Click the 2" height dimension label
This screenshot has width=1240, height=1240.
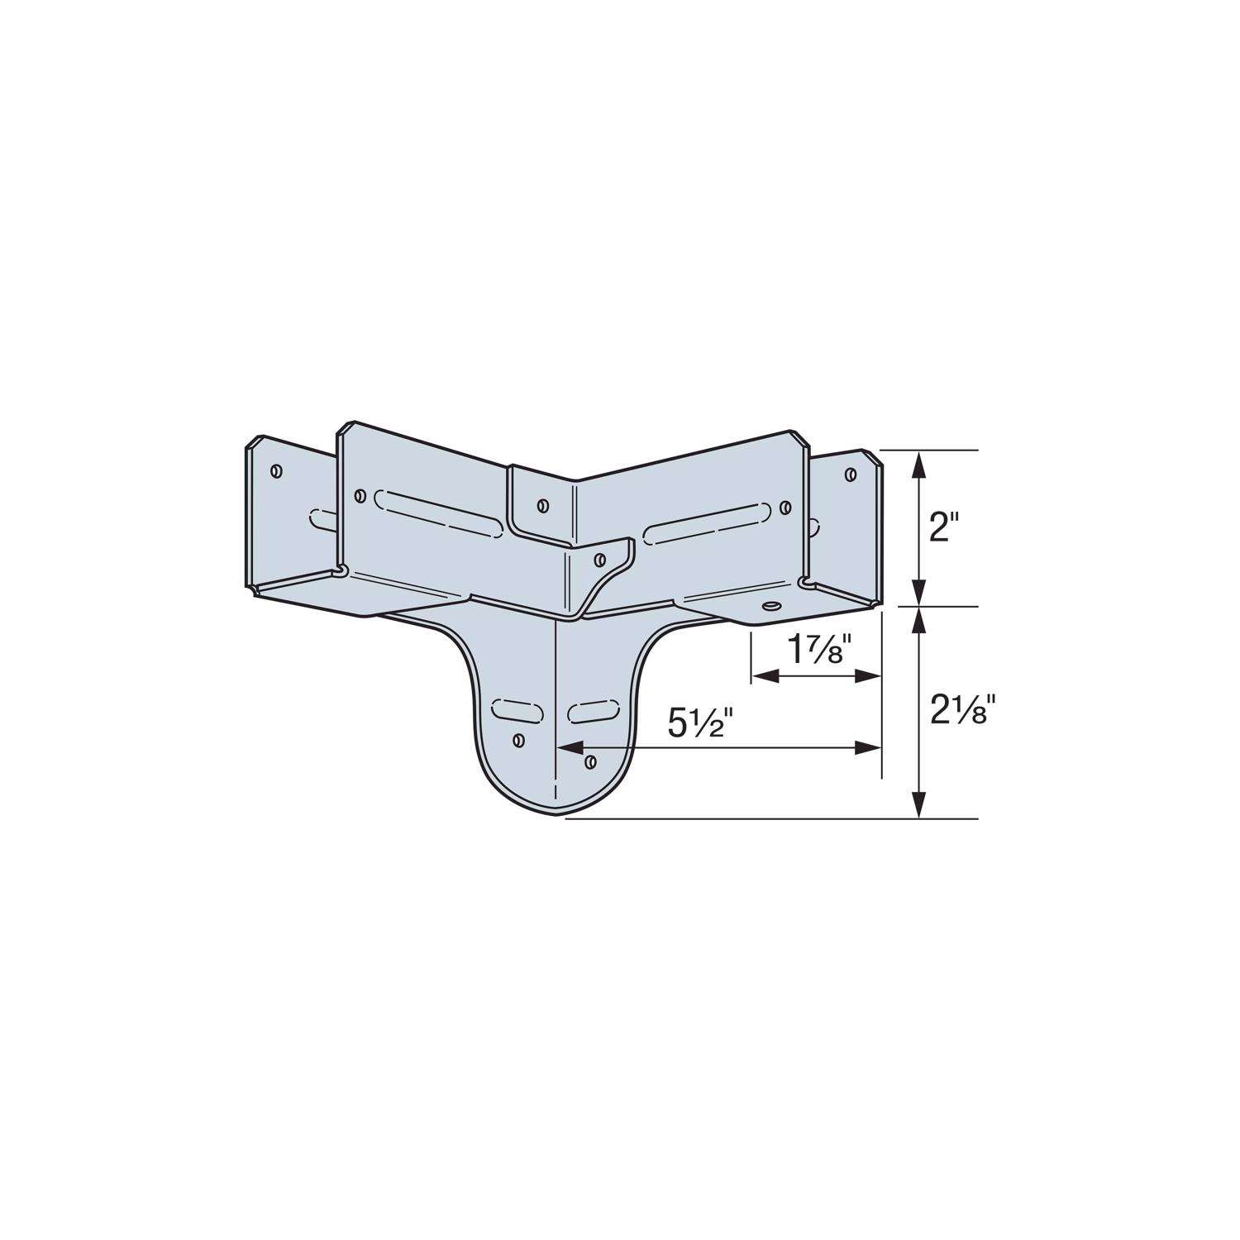(x=940, y=527)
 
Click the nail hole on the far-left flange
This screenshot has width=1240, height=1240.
(x=276, y=471)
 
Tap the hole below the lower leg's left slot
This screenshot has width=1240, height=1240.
(x=518, y=740)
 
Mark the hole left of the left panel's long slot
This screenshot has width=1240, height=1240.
(x=360, y=496)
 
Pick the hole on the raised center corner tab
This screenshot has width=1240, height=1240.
(x=542, y=505)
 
